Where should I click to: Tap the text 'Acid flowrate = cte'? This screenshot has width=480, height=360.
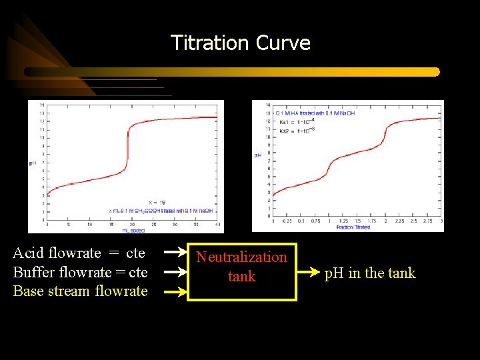point(79,253)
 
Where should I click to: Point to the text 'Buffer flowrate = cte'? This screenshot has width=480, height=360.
point(80,272)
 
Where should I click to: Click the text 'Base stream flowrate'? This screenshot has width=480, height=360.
point(80,291)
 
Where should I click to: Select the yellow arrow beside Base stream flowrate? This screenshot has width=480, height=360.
point(175,291)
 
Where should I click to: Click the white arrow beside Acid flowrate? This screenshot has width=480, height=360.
point(175,253)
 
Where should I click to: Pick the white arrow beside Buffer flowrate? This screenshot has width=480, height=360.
point(175,272)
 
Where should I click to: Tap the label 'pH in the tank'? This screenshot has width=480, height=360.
point(369,273)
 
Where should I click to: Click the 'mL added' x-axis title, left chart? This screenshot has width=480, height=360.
point(133,230)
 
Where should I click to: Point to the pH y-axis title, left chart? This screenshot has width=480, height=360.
point(32,163)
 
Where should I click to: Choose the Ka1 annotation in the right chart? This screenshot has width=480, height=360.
point(293,121)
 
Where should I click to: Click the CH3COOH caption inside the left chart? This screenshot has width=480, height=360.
point(161,211)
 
